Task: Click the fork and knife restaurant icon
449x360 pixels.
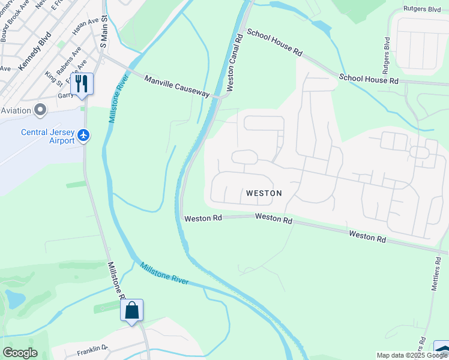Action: click(82, 84)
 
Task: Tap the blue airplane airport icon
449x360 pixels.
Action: click(83, 136)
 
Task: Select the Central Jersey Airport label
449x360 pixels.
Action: click(47, 136)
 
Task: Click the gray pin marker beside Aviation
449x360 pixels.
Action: click(40, 110)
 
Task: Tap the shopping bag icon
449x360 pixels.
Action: click(131, 311)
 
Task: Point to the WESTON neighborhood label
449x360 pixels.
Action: click(264, 193)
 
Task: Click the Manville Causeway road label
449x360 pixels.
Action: click(177, 86)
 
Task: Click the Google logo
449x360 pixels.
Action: click(20, 352)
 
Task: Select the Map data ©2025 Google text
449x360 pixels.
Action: click(412, 355)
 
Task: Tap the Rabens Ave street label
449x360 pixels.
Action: click(69, 61)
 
